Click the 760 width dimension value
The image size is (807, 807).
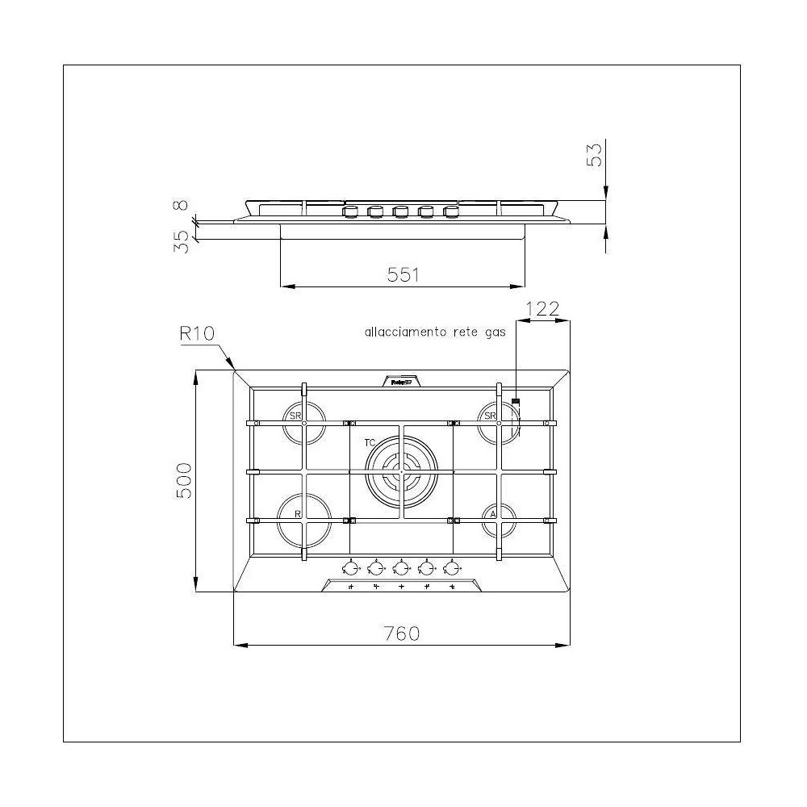(402, 633)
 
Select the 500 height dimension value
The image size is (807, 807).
(183, 482)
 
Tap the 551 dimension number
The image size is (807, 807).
(403, 274)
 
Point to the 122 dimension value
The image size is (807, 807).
(543, 308)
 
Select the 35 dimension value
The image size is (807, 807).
(182, 241)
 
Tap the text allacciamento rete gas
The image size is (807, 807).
(435, 332)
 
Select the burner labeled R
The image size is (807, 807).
(305, 520)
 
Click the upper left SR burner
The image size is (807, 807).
(305, 423)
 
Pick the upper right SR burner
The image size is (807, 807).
(498, 423)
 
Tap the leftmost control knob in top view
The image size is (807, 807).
(351, 567)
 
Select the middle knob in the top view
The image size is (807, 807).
(401, 567)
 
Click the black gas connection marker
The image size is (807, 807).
(516, 399)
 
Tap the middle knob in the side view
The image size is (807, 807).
(401, 212)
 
